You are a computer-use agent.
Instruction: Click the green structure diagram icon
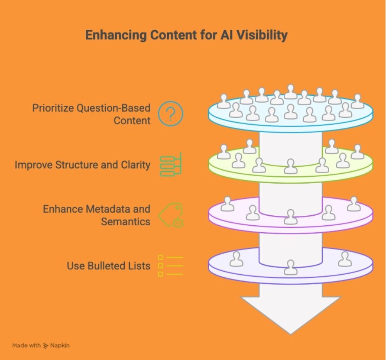170,165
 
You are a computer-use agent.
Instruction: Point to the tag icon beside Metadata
171,215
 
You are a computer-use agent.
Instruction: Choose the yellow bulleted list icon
170,265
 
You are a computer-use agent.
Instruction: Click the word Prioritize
53,108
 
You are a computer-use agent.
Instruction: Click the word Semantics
125,221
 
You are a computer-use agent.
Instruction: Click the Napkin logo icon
46,345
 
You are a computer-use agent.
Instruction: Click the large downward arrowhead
290,313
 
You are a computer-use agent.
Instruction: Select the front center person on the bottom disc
290,267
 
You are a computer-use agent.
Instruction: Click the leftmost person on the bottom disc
236,259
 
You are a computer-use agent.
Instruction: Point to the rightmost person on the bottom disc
345,259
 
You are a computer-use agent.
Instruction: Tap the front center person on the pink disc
290,217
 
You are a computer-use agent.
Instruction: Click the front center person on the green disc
290,166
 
